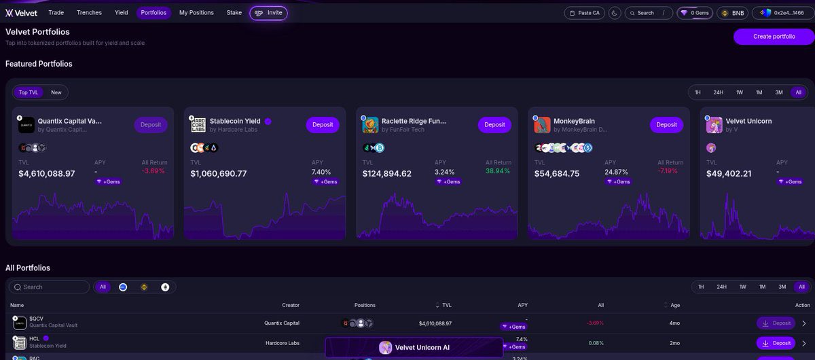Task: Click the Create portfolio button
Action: [774, 37]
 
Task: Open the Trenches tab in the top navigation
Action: [90, 12]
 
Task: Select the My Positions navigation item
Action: [196, 12]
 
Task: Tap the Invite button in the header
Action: [268, 13]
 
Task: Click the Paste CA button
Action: [584, 13]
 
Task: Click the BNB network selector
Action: [733, 13]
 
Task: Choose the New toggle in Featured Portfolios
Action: [56, 92]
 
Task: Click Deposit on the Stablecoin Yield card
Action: [323, 124]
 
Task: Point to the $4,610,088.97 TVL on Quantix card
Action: [47, 174]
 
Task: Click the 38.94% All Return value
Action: [498, 171]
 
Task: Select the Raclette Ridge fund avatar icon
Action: [370, 125]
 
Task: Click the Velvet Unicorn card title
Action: [748, 121]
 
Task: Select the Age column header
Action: [674, 305]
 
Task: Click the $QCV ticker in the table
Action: [37, 319]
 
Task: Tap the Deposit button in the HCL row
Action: [776, 343]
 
